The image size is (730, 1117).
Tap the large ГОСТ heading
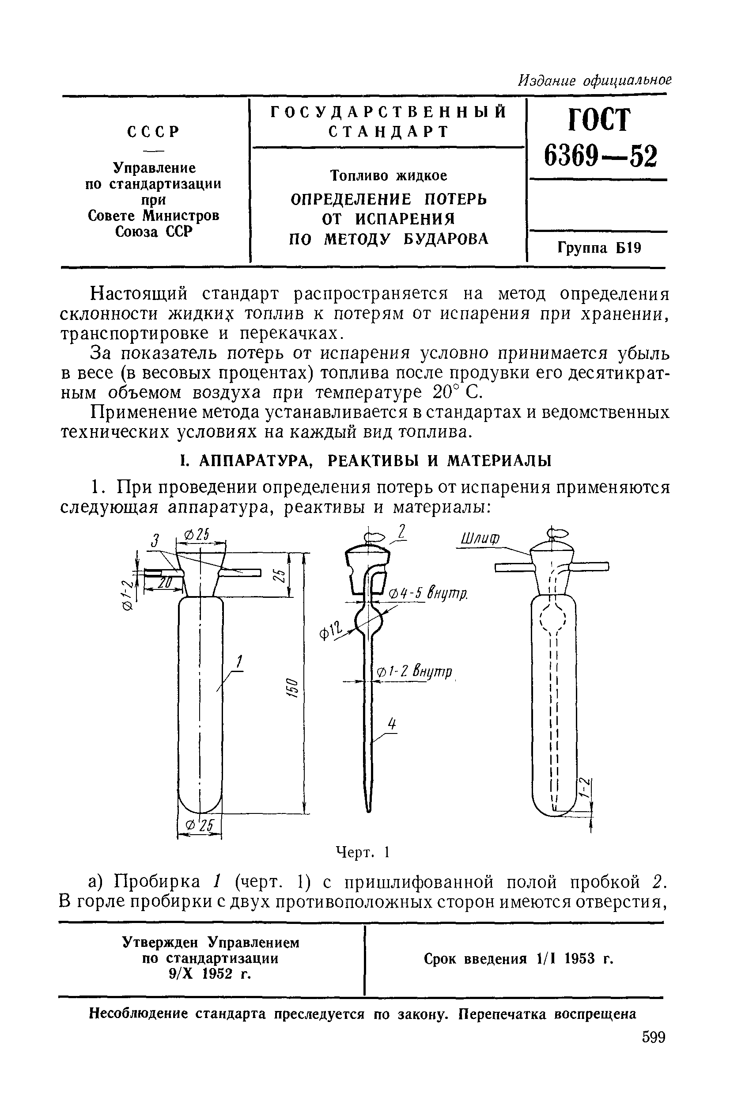coord(599,120)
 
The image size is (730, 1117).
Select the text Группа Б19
coord(599,247)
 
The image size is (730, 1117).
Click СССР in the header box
coord(154,132)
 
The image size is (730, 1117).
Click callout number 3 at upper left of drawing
coord(153,541)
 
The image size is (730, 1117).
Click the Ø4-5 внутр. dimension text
coord(427,594)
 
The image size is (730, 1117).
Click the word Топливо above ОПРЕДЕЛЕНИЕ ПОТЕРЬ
coord(360,175)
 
